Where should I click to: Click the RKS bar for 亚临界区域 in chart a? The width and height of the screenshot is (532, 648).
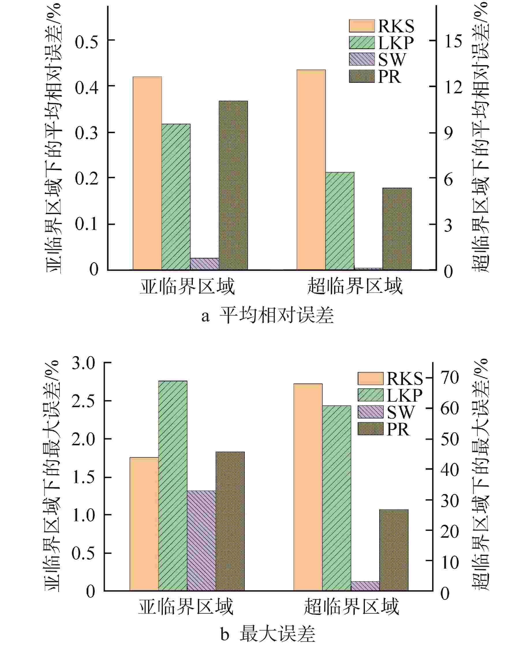(147, 173)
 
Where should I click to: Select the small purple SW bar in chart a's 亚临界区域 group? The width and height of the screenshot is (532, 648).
(204, 264)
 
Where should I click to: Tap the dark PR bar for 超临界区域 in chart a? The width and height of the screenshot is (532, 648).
(397, 229)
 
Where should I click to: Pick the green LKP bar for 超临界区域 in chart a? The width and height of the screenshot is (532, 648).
(339, 221)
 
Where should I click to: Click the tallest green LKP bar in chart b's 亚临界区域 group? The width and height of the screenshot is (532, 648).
(173, 485)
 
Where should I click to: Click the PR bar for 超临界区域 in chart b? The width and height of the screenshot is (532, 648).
(394, 550)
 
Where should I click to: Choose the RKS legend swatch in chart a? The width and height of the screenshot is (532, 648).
(362, 26)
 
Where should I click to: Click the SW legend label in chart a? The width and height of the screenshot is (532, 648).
(392, 59)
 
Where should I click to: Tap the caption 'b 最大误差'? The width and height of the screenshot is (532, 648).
(268, 634)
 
